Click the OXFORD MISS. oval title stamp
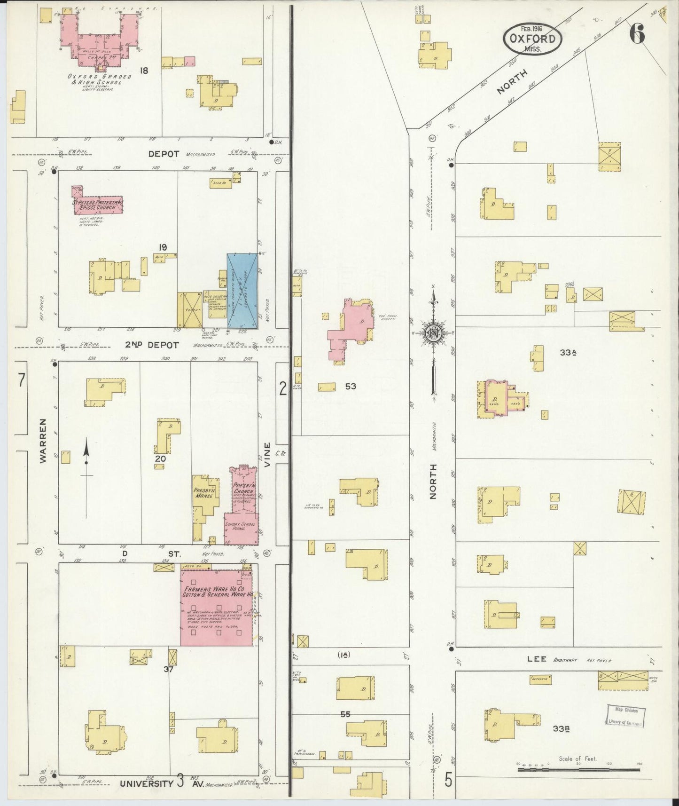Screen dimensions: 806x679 532,39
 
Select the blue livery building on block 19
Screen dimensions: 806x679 242,291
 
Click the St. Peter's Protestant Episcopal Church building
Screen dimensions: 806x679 98,205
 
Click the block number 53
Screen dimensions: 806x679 351,386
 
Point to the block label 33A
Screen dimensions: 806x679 568,352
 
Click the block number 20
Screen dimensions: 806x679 161,458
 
